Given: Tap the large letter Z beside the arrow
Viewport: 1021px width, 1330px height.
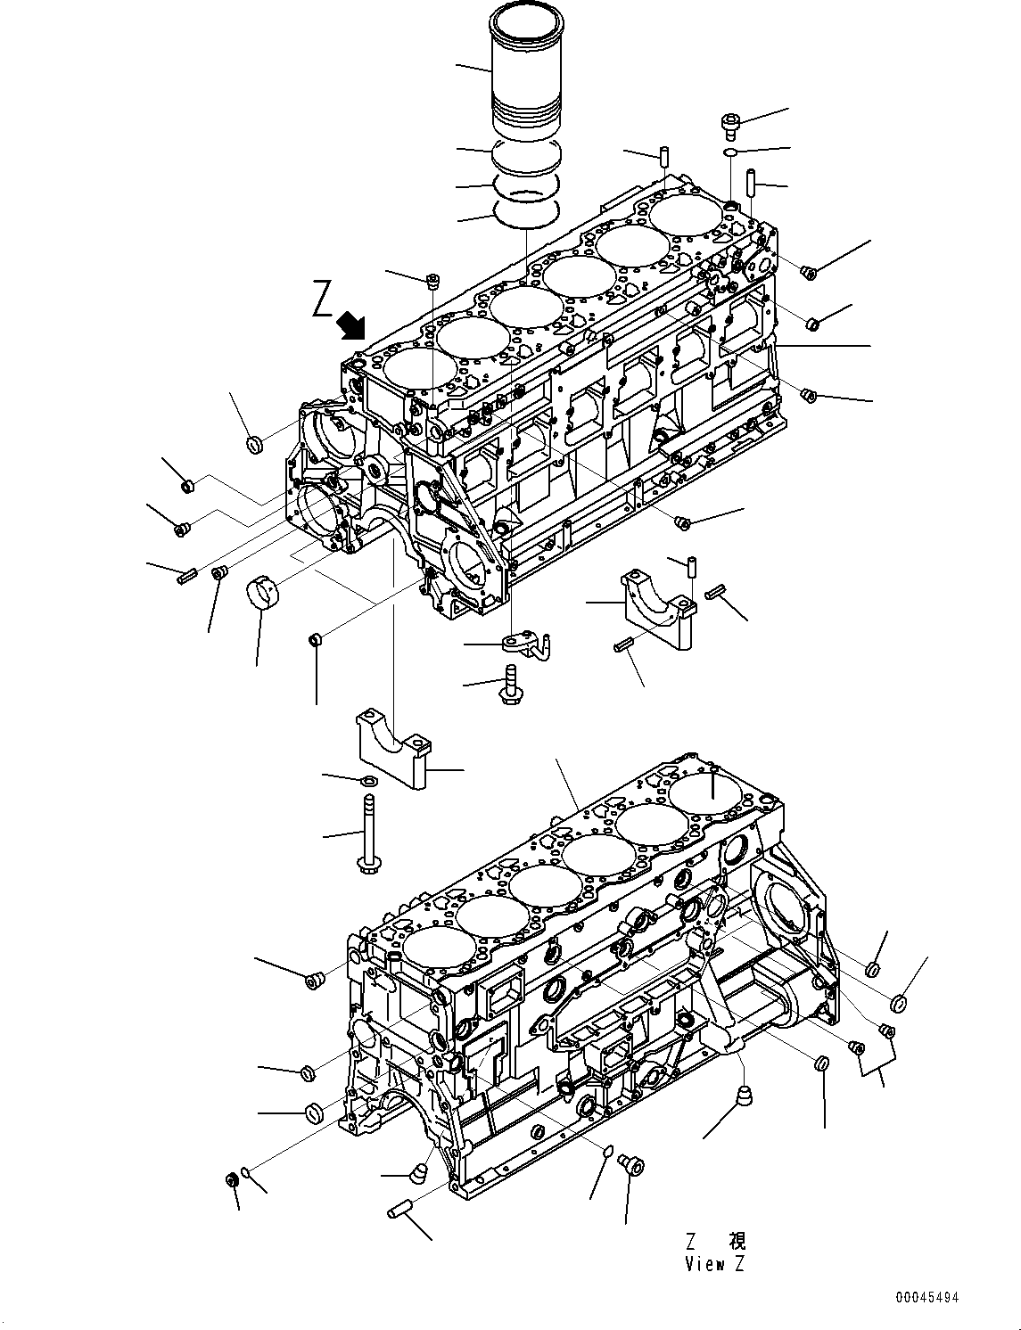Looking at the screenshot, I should pos(323,299).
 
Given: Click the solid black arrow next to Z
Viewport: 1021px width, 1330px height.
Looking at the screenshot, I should pos(352,326).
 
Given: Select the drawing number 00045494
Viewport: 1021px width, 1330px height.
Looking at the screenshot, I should pos(927,1298).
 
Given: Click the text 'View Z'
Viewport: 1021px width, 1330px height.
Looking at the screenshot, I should pos(714,1263).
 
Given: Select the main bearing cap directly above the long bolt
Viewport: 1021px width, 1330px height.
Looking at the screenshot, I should pos(392,748).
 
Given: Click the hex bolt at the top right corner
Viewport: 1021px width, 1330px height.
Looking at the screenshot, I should pos(728,125).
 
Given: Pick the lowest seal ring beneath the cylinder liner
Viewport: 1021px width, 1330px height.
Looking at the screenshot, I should pos(525,212).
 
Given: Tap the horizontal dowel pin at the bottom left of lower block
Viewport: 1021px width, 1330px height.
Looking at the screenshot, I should pos(401,1210).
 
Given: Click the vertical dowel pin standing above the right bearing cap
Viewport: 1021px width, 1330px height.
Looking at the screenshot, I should pos(691,565).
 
